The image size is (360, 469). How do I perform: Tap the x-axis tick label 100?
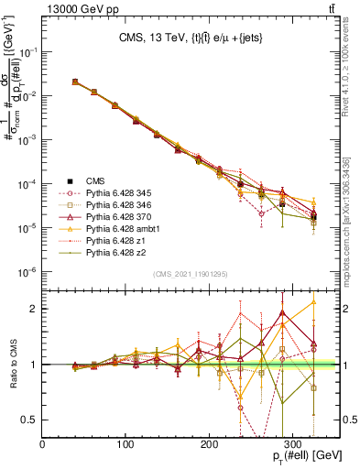[x=126, y=444]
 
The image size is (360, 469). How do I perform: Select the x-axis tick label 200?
[x=210, y=444]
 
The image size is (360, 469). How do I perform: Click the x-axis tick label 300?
[x=293, y=444]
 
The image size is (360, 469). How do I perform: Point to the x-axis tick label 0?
[x=43, y=444]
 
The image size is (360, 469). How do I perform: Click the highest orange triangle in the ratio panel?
[x=314, y=300]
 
